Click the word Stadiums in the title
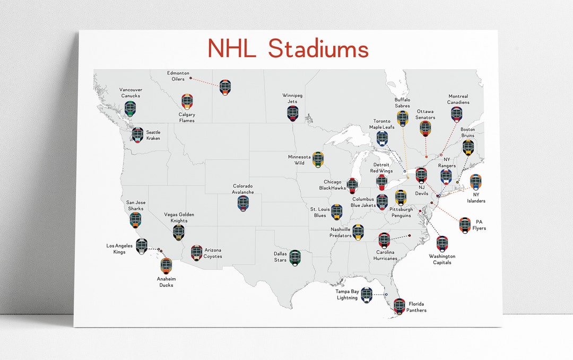(x=318, y=48)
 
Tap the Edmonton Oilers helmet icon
(x=225, y=87)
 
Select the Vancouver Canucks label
(x=130, y=93)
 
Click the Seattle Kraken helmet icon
(x=138, y=135)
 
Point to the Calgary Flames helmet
(x=187, y=101)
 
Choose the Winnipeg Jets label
(x=293, y=98)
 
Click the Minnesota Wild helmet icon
(x=318, y=159)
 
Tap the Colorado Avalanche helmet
(x=243, y=204)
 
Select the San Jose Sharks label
(x=136, y=205)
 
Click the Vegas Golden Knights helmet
(x=179, y=232)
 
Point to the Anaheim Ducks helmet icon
(x=166, y=266)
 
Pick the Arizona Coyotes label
(x=213, y=253)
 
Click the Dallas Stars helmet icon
(x=295, y=258)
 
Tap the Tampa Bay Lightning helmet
(x=367, y=295)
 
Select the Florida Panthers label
(x=417, y=306)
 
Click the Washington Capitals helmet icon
(x=442, y=243)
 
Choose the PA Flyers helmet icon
(x=465, y=225)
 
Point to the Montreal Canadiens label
(x=458, y=99)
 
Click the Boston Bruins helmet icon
(x=468, y=147)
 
